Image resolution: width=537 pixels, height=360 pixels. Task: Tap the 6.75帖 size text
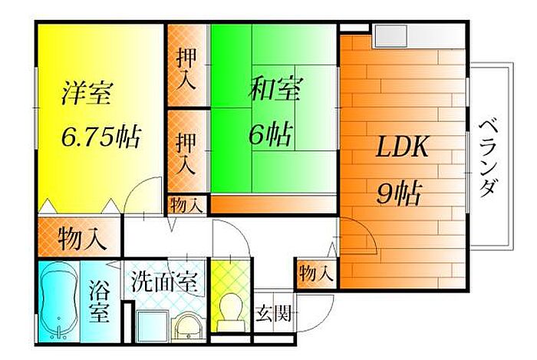100,137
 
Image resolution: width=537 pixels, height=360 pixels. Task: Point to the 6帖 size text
269,134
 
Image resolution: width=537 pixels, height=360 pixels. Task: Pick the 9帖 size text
399,193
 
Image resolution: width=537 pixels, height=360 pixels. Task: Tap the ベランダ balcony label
488,157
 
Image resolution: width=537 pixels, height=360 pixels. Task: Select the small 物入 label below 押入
187,205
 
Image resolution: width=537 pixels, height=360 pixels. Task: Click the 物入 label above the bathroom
81,238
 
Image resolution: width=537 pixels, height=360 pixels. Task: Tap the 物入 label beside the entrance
315,272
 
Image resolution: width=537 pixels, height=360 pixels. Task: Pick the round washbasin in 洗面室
187,327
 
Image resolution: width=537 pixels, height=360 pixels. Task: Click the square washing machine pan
152,324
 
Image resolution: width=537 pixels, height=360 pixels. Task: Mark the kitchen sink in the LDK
390,35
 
